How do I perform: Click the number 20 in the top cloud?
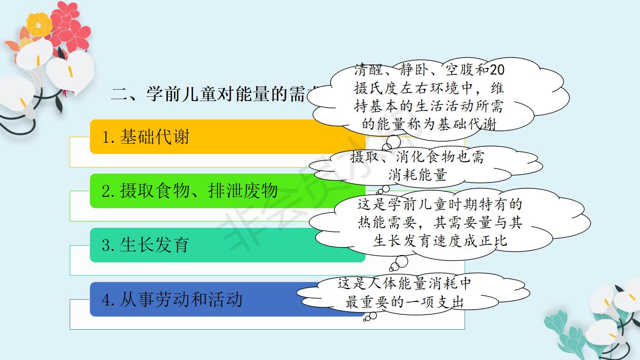coord(497,70)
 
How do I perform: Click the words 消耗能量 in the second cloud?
coord(418,175)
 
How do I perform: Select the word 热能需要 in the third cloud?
coord(386,222)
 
